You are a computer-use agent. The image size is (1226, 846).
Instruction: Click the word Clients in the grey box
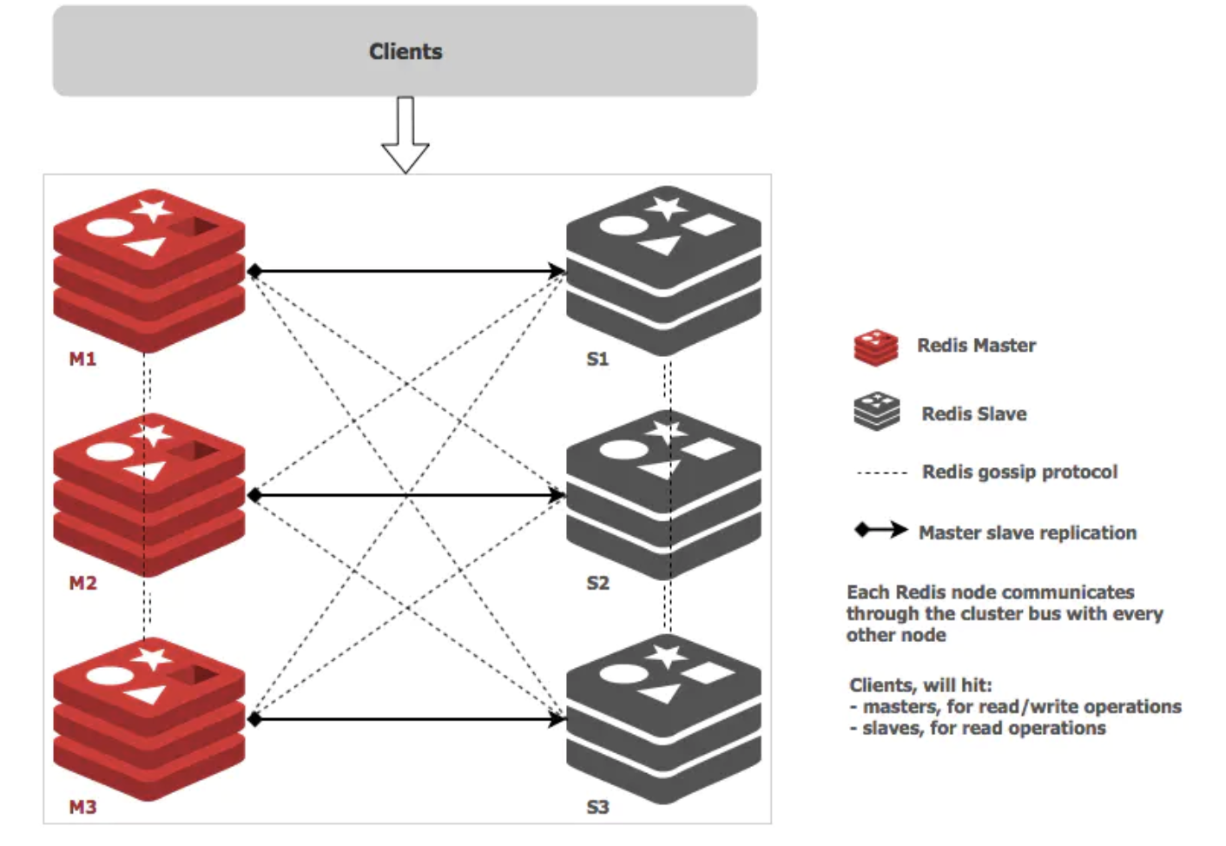[x=405, y=51]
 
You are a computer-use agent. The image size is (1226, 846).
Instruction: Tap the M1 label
[x=82, y=359]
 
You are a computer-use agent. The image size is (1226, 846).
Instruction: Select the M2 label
[x=82, y=583]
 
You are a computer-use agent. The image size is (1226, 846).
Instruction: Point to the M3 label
[x=82, y=807]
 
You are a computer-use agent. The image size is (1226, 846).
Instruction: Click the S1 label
[x=597, y=359]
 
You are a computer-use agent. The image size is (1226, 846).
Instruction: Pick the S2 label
[x=597, y=583]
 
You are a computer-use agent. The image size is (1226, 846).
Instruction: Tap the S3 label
[x=597, y=807]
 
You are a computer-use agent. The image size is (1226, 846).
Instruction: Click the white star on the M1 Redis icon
[x=151, y=210]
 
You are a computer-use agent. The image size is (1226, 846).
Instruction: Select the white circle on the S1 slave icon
[x=623, y=226]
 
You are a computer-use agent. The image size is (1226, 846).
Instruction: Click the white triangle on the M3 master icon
[x=146, y=694]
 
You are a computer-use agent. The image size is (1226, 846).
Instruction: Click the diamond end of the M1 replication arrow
[x=254, y=271]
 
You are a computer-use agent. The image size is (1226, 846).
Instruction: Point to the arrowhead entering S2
[x=557, y=495]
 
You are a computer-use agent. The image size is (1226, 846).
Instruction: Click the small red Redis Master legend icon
[x=876, y=347]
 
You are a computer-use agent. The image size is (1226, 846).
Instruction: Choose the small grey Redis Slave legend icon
[x=876, y=411]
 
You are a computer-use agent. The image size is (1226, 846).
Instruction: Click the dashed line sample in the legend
[x=881, y=473]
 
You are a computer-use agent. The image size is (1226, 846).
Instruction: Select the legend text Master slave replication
[x=1027, y=532]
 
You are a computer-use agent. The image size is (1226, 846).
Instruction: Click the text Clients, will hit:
[x=920, y=685]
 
